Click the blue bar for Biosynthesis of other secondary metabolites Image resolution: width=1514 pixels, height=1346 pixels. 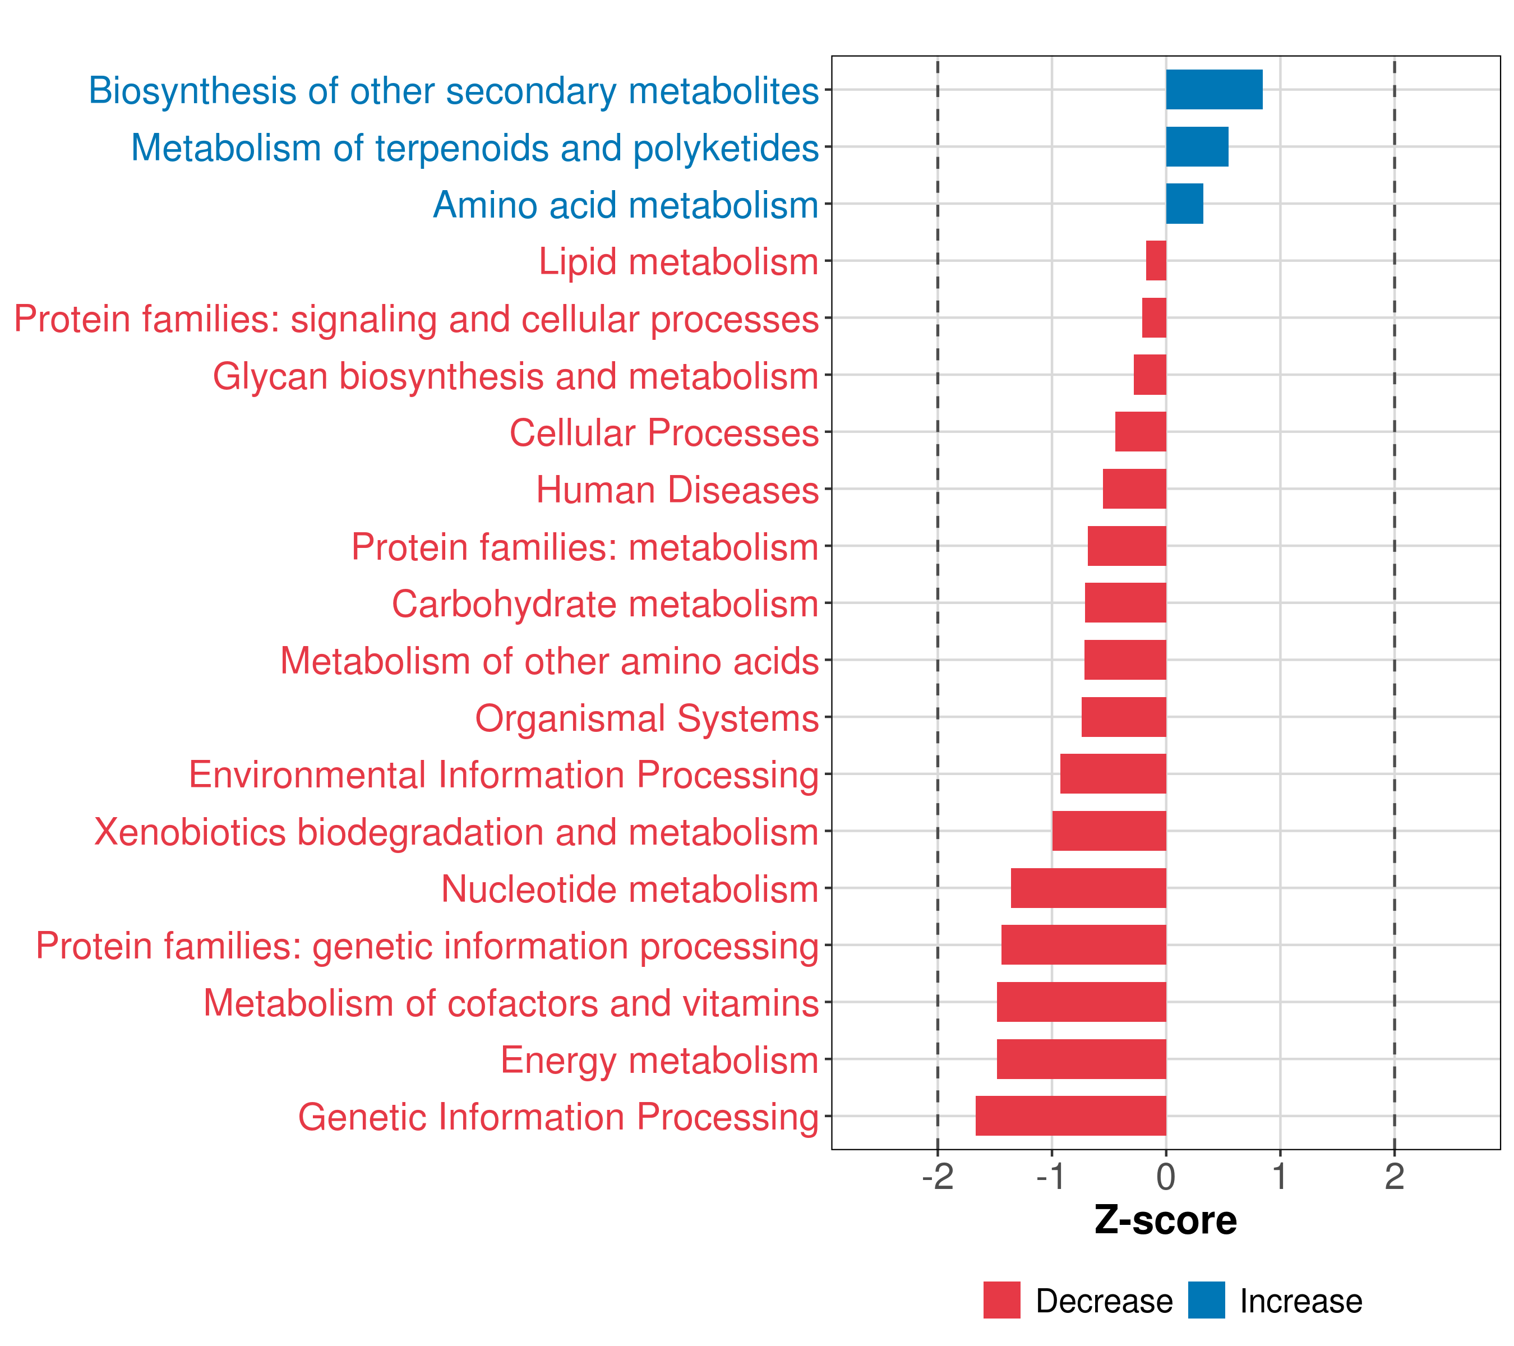[1213, 90]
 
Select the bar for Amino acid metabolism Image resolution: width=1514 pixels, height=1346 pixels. [1184, 204]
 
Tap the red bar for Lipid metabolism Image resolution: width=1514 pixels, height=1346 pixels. [1156, 261]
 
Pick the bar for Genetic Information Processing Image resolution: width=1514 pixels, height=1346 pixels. [1070, 1115]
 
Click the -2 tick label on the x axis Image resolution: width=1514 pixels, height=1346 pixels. [937, 1177]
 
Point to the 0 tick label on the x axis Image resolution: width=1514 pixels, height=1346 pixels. [1166, 1177]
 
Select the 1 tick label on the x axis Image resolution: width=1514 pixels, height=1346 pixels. [1279, 1177]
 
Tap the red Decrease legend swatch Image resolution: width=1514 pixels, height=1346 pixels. [1001, 1300]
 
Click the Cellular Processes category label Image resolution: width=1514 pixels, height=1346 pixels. [664, 432]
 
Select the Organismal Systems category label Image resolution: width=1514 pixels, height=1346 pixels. [647, 718]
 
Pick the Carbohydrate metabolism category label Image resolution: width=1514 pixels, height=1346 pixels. [604, 603]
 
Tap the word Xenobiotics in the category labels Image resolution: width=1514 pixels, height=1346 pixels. [190, 832]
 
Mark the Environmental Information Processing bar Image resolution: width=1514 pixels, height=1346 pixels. [1113, 773]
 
